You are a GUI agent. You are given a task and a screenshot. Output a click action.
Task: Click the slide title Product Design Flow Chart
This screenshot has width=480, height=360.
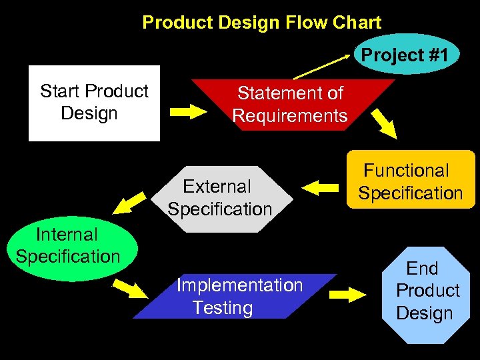[x=261, y=23]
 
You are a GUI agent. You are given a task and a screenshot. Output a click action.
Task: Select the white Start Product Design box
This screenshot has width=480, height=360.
[x=94, y=103]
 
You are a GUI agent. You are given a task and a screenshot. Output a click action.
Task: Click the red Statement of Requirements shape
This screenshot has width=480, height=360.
[x=290, y=104]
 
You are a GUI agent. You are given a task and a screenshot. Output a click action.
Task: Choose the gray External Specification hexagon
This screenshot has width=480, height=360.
[x=220, y=198]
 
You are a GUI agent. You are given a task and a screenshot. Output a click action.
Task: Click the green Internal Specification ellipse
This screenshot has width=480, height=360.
[x=67, y=247]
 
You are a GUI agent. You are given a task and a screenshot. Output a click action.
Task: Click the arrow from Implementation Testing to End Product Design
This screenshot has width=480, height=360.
[x=348, y=294]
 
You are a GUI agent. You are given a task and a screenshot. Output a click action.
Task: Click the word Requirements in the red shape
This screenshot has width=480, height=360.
[x=290, y=116]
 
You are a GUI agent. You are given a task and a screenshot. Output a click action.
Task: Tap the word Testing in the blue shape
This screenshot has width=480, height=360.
[x=223, y=308]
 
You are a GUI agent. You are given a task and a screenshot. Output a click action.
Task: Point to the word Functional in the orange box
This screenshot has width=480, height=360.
[x=406, y=171]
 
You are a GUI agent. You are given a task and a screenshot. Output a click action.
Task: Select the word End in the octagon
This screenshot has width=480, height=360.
[x=422, y=269]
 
